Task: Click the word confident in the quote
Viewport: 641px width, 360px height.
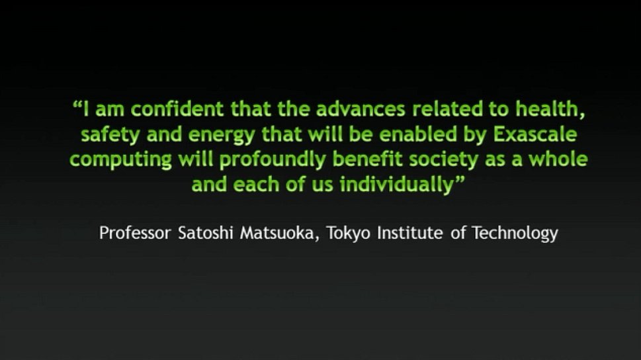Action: click(177, 109)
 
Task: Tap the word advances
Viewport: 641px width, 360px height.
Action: click(361, 109)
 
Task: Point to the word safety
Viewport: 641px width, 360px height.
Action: click(110, 135)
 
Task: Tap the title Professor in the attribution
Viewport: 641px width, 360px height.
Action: click(135, 233)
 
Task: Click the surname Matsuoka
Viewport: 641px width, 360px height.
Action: click(277, 233)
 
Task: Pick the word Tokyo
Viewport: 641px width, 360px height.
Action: click(349, 234)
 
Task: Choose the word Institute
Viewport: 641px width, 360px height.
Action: click(409, 233)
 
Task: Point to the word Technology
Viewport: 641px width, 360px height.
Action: click(515, 234)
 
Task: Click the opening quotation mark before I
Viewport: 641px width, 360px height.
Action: click(77, 104)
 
